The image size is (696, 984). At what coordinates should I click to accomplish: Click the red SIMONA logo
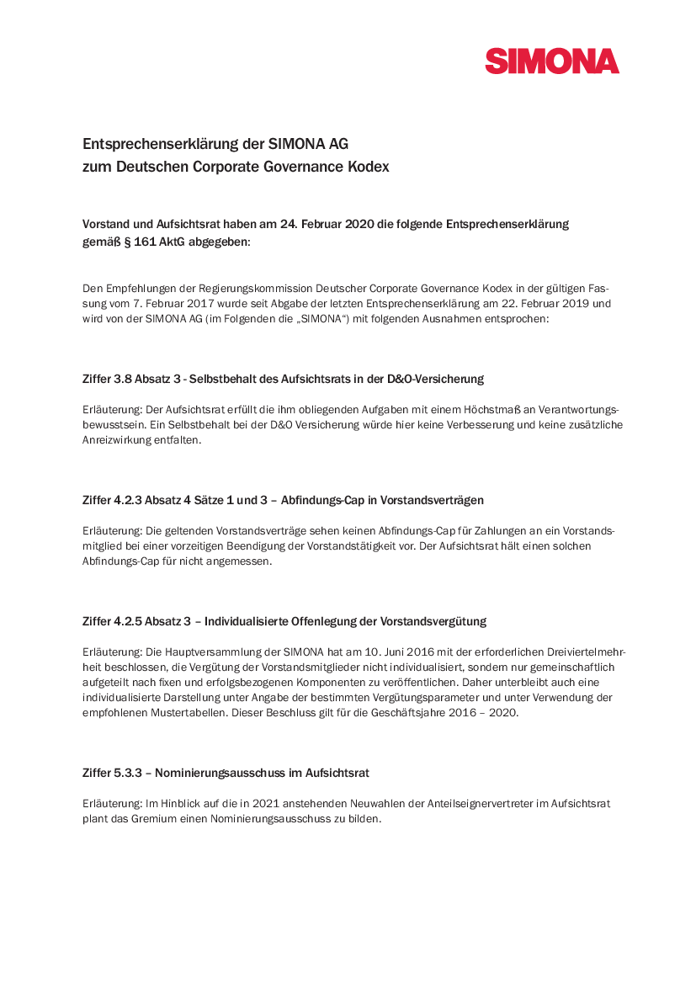tap(551, 61)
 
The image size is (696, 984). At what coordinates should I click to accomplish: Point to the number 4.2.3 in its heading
tap(128, 500)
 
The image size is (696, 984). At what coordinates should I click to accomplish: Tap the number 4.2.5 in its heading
tap(128, 621)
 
